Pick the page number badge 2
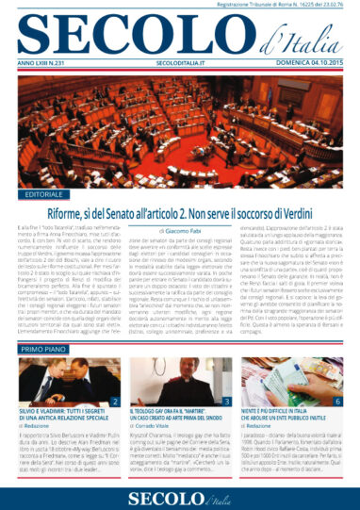[x=113, y=403]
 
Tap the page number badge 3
[x=227, y=403]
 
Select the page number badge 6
[x=338, y=403]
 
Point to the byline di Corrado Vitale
[x=155, y=431]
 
